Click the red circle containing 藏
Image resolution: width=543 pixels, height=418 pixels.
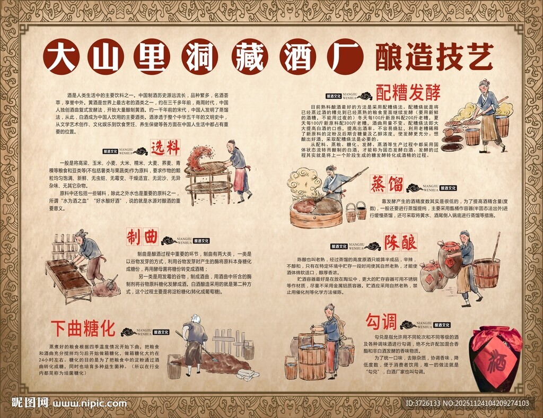click(x=248, y=56)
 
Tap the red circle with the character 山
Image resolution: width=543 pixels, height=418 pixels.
click(x=106, y=56)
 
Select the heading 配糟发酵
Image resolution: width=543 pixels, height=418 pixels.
click(x=408, y=92)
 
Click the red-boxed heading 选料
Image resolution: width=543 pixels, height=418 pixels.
click(x=165, y=147)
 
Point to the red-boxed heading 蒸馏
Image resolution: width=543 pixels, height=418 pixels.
click(x=387, y=185)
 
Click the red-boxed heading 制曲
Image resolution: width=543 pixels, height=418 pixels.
click(x=142, y=237)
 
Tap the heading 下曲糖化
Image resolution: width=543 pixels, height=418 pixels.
click(x=83, y=328)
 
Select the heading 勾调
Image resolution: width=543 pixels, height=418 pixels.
click(x=381, y=321)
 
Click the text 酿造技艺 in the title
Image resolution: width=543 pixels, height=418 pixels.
click(x=434, y=56)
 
